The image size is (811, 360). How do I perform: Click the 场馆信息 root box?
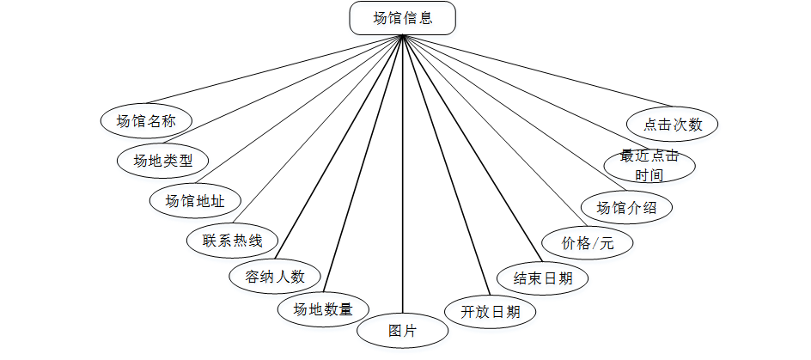(403, 18)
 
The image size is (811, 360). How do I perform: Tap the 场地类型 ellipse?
(163, 160)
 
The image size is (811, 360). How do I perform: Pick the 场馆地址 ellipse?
(195, 201)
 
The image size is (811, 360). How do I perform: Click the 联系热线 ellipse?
(232, 241)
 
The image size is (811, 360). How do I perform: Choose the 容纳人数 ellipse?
(275, 278)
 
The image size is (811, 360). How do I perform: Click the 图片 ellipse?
(402, 331)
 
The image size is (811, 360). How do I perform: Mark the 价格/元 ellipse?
(588, 243)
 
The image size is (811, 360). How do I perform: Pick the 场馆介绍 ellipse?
(627, 208)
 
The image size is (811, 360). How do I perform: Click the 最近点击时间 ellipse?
(649, 166)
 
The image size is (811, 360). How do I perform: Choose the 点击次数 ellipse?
(673, 124)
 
